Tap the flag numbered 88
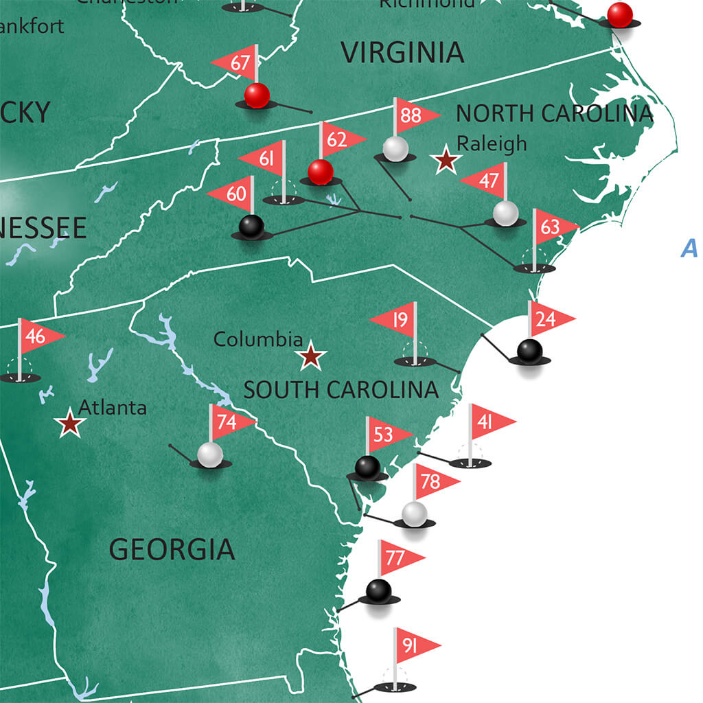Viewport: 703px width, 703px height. pos(414,115)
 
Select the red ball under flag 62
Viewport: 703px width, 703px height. pos(320,172)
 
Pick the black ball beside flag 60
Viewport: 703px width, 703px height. pos(251,226)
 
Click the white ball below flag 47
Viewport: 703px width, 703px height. pos(505,213)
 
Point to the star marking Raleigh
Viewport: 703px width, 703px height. pos(446,160)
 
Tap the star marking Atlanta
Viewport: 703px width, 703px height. pos(70,424)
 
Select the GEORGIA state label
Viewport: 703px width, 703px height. pos(172,549)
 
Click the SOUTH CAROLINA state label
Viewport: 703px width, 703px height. pos(341,390)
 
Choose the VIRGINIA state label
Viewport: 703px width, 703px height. pos(402,52)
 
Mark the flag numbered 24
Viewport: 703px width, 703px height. pos(549,319)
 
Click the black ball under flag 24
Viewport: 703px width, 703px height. pos(529,351)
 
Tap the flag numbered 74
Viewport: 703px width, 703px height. pos(229,422)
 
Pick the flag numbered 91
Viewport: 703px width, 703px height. pos(413,646)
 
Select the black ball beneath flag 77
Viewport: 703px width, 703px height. pos(378,590)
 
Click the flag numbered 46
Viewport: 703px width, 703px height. pos(38,336)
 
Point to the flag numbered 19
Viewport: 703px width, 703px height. pos(396,320)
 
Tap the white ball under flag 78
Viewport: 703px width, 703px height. pos(415,513)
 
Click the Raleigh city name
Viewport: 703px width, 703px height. pos(492,143)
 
